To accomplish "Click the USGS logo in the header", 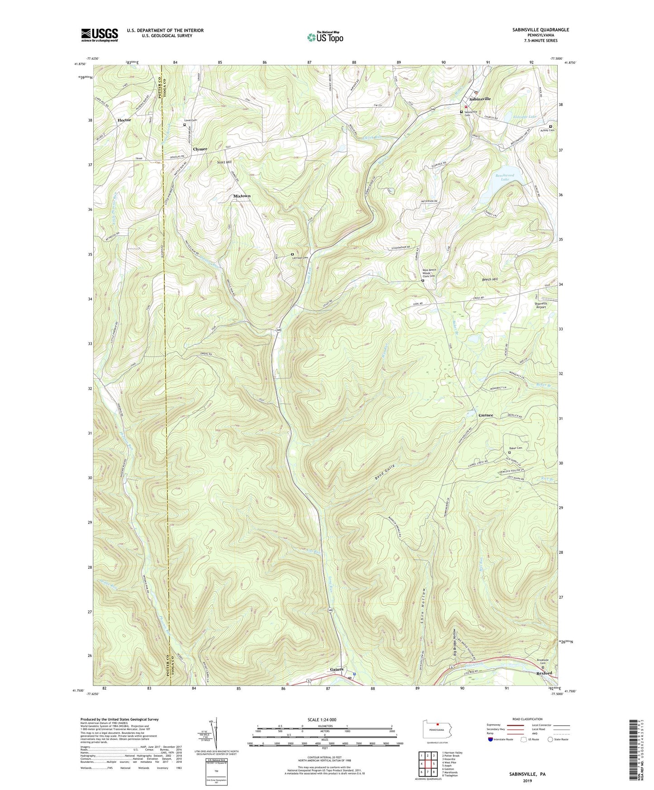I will [x=100, y=35].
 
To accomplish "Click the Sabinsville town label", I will [x=480, y=99].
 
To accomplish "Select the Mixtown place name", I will [x=242, y=196].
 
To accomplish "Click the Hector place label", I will [x=124, y=120].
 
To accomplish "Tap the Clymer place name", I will [x=200, y=149].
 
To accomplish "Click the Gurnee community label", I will [x=486, y=415].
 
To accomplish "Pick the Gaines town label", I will [x=336, y=669].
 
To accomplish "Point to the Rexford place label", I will [x=544, y=673].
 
